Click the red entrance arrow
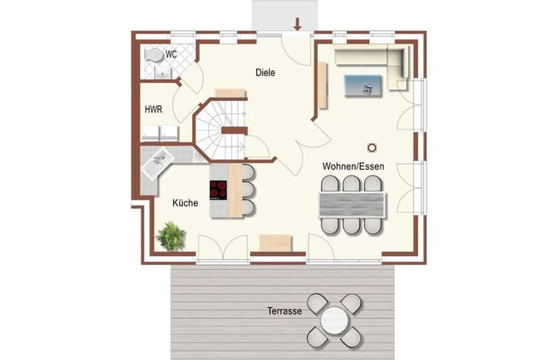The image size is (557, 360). (297, 24)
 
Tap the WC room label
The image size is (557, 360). (171, 55)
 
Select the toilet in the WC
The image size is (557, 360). (153, 56)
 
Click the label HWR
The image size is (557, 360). (153, 110)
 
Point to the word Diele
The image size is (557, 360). (266, 73)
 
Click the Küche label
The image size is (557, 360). (185, 203)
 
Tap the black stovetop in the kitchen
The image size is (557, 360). (219, 189)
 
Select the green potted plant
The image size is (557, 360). (171, 236)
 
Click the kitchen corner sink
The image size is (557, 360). (157, 163)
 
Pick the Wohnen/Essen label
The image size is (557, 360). (353, 166)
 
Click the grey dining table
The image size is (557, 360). (352, 204)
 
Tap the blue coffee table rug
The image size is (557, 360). (363, 86)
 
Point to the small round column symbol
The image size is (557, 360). (372, 147)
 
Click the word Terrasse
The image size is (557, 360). (284, 311)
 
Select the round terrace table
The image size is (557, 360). (334, 321)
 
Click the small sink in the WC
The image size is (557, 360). (163, 73)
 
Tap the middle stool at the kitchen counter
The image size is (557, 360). (248, 190)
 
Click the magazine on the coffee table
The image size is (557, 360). (368, 88)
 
